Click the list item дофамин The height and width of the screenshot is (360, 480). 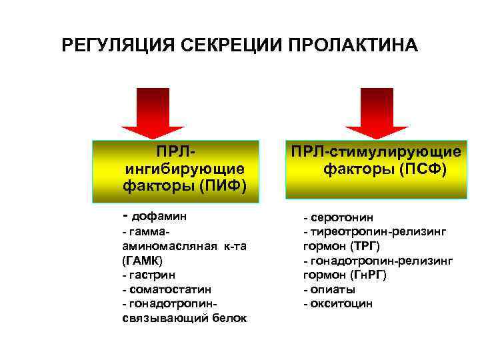pos(159,216)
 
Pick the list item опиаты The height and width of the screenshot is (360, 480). pos(333,289)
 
